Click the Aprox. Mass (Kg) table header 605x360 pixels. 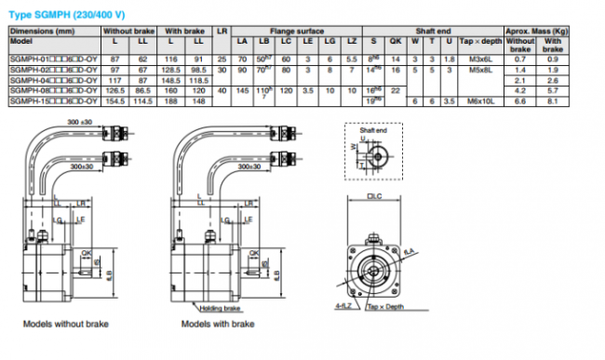point(537,30)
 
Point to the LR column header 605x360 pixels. point(221,30)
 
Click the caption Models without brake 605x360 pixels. point(66,325)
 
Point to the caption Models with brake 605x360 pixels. point(218,325)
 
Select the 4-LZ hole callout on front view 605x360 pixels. point(343,303)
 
